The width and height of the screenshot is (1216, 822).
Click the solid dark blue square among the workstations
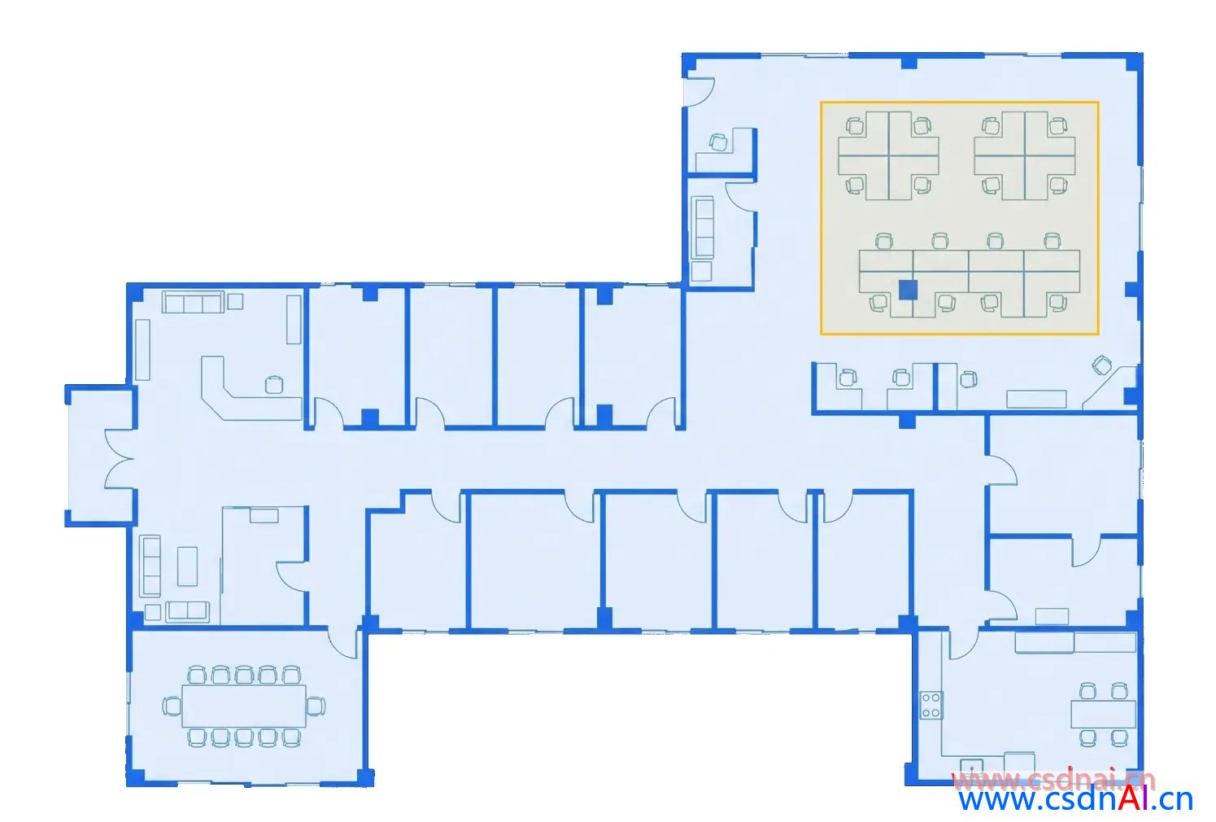tap(908, 290)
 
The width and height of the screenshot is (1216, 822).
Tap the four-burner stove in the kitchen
tap(931, 705)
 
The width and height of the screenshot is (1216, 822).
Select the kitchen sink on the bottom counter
tap(971, 767)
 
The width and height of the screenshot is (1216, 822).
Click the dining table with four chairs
tap(1103, 714)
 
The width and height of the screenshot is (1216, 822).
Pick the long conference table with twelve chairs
tap(244, 706)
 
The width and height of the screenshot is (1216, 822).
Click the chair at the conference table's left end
tap(172, 706)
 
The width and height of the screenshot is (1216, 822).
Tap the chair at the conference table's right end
tap(316, 706)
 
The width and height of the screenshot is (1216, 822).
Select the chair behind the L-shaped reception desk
tap(274, 385)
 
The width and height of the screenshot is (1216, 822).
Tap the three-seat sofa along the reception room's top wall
tap(194, 302)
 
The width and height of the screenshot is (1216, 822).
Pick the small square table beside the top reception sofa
tap(235, 301)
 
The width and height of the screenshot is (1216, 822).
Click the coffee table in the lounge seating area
tap(187, 566)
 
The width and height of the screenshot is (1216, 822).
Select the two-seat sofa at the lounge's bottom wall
tap(188, 611)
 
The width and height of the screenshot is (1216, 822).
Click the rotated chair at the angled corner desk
tap(1101, 365)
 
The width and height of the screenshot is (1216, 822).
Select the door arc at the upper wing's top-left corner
tap(700, 92)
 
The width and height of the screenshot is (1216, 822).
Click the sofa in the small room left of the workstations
tap(703, 227)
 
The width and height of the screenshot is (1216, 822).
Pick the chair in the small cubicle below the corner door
tap(719, 142)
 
